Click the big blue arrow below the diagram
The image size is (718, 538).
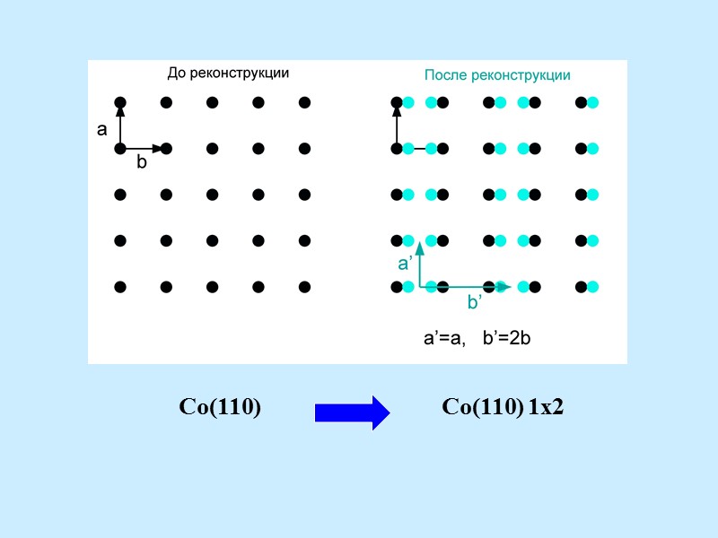pos(352,412)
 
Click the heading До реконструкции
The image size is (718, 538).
pos(228,74)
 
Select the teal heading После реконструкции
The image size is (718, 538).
pos(497,75)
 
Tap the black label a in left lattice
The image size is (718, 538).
pos(102,130)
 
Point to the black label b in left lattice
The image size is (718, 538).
pos(141,163)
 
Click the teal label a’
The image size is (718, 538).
pos(405,264)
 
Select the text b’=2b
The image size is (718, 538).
pos(508,339)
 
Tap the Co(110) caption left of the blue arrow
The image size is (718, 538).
pos(220,407)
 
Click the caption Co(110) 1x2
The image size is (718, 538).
pos(503,407)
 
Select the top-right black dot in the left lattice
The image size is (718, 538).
pos(304,102)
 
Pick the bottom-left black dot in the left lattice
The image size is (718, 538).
pos(120,287)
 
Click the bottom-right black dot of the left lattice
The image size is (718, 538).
pos(304,287)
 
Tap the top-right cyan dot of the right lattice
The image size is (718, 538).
pos(592,102)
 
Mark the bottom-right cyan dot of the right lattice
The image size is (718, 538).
pos(592,287)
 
